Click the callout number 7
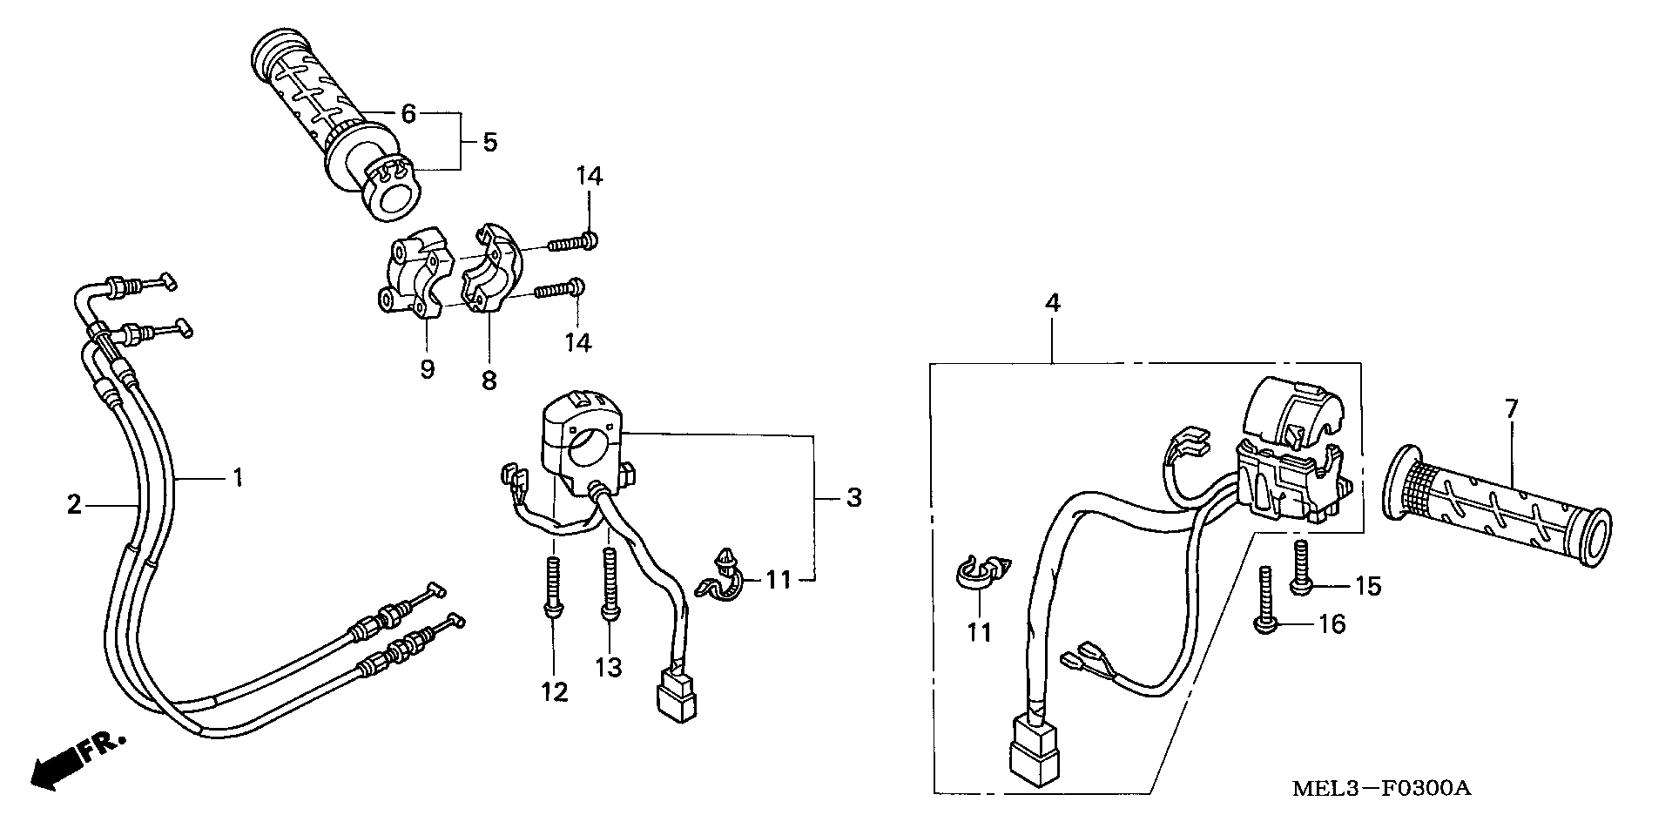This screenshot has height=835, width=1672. click(x=1511, y=407)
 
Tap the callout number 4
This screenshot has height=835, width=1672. click(x=1053, y=304)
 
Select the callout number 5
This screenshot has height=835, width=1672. click(x=489, y=142)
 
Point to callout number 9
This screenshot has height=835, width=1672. click(x=427, y=368)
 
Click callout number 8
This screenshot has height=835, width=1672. click(x=489, y=380)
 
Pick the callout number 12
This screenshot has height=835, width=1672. click(x=555, y=692)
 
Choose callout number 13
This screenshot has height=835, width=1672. click(x=609, y=668)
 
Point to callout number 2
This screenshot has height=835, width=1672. click(x=74, y=503)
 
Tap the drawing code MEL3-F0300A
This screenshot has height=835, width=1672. click(x=1381, y=789)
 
